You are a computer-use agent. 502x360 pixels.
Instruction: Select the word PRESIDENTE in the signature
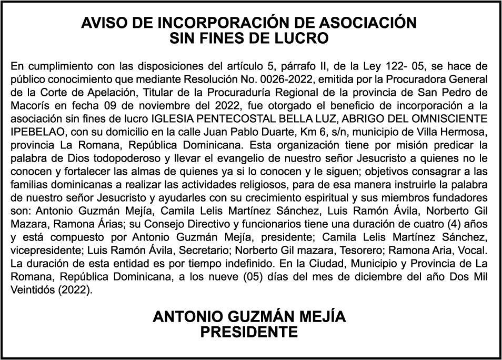pyautogui.click(x=249, y=332)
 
